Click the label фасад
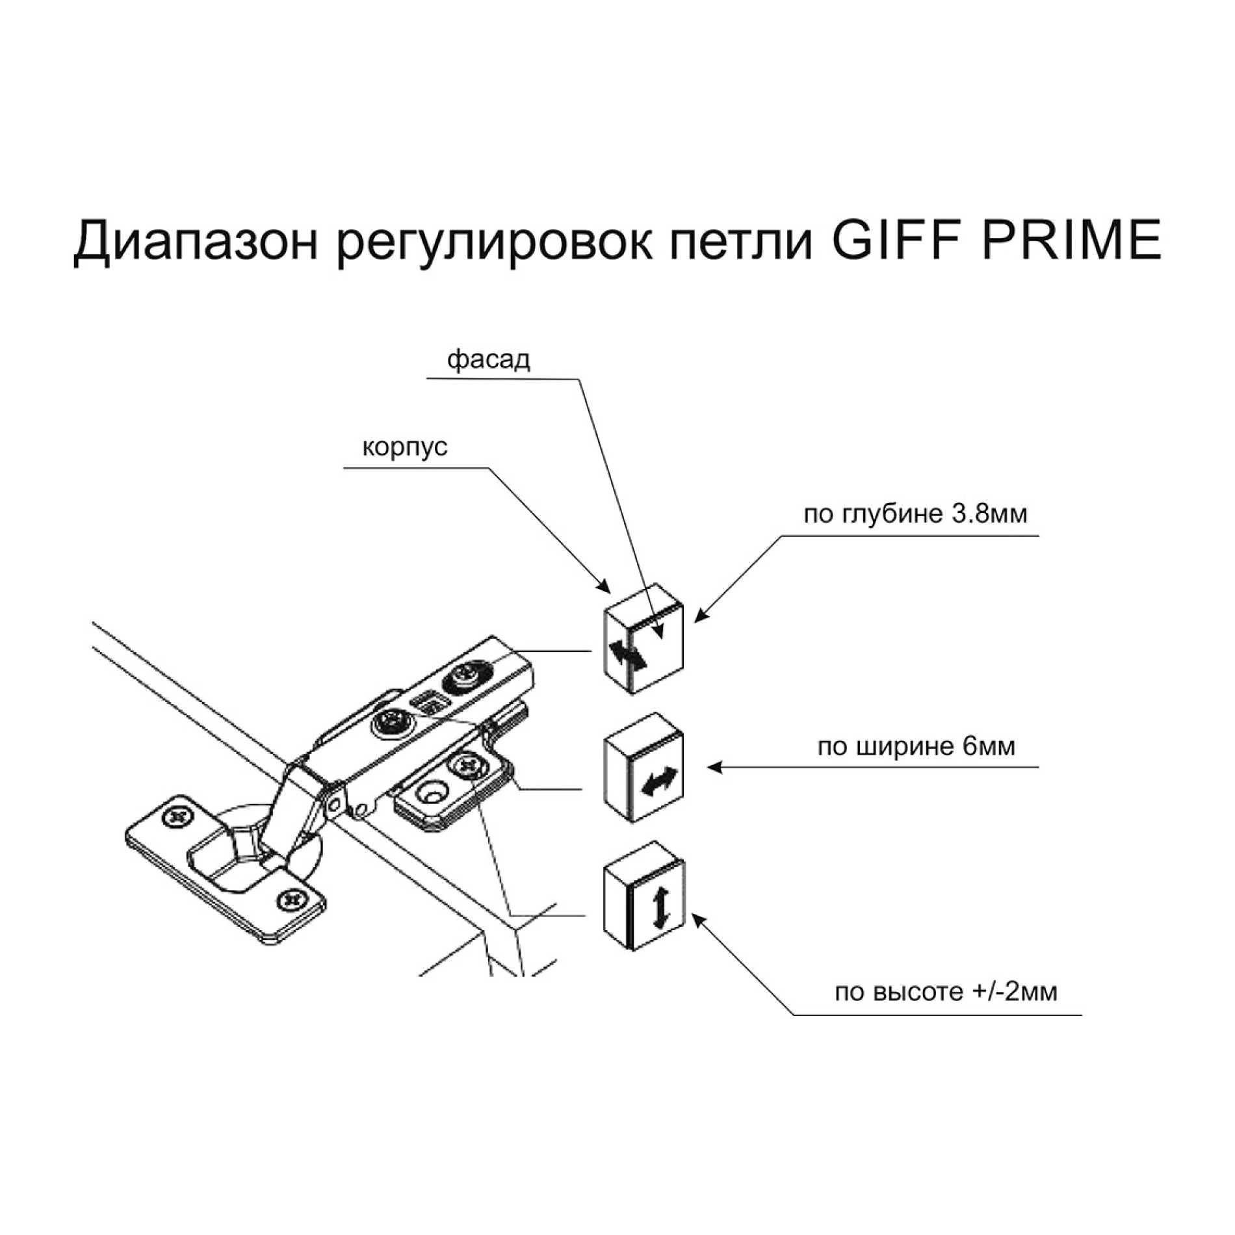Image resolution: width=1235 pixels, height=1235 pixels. pyautogui.click(x=488, y=359)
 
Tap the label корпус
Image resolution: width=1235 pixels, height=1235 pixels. pyautogui.click(x=404, y=447)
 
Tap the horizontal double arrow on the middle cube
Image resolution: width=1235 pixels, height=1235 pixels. pyautogui.click(x=658, y=783)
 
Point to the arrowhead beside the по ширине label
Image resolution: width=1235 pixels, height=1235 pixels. pyautogui.click(x=714, y=768)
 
